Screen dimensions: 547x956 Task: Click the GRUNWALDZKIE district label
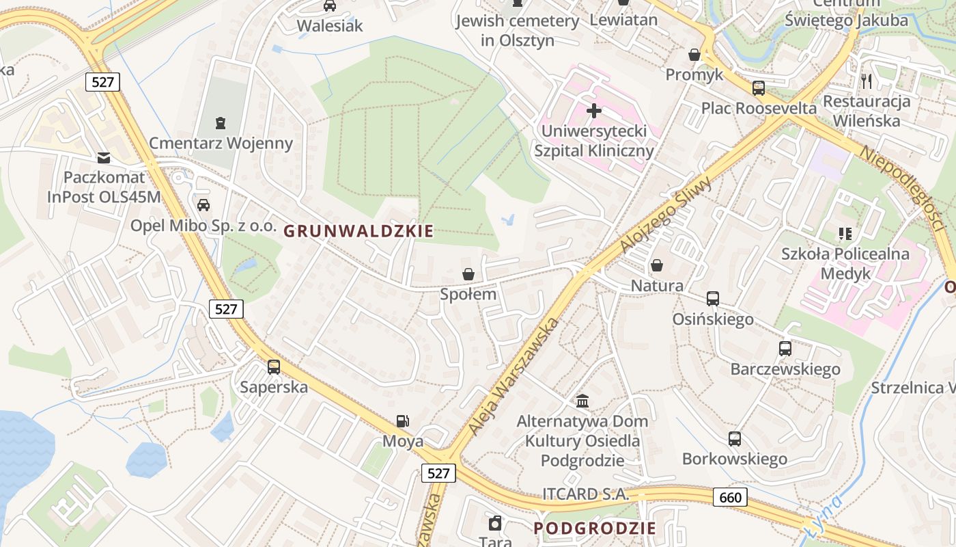click(x=358, y=231)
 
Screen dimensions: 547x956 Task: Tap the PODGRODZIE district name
click(x=595, y=528)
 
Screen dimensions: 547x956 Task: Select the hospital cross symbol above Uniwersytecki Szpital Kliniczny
click(x=594, y=110)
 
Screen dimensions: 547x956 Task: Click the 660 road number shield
click(x=730, y=497)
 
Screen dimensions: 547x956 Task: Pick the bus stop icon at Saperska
click(x=274, y=367)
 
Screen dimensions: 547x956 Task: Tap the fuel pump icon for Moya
click(x=403, y=422)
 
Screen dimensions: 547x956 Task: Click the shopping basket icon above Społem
click(x=468, y=274)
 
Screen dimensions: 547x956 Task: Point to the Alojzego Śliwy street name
click(x=665, y=214)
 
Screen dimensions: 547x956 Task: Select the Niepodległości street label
click(x=901, y=187)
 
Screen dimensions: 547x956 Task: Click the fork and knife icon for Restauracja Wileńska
click(x=867, y=81)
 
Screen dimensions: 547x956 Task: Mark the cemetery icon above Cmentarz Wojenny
click(x=221, y=123)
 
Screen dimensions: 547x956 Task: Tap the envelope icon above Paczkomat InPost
click(x=104, y=158)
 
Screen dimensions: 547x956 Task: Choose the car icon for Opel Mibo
click(x=203, y=205)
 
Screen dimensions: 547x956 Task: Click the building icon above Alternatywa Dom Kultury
click(x=582, y=400)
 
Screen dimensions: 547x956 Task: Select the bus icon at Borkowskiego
click(x=735, y=438)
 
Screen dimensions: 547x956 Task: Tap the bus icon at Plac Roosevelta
click(x=759, y=88)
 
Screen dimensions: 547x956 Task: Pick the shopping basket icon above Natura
click(x=657, y=265)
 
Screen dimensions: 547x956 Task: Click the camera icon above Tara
click(x=496, y=524)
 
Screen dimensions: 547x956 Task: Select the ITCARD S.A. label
click(x=585, y=494)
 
